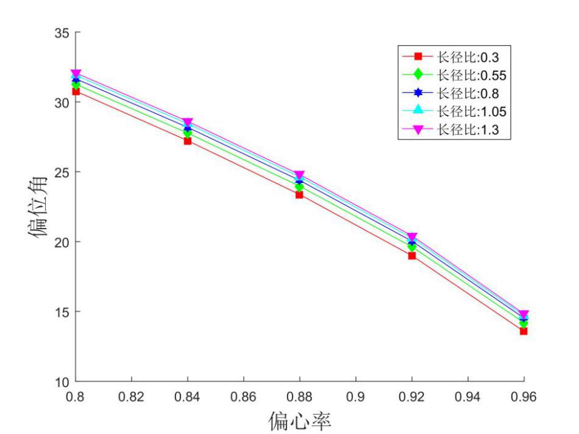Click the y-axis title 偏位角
(x=39, y=207)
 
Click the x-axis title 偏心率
(x=300, y=421)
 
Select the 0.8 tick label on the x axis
(x=76, y=396)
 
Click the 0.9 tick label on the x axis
(x=355, y=396)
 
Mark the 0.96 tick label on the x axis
(x=523, y=396)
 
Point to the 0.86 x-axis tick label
(x=243, y=396)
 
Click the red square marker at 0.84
(x=187, y=141)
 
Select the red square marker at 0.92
(x=412, y=256)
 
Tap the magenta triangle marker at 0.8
(x=76, y=75)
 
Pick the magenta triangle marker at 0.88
(x=300, y=175)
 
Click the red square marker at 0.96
(x=523, y=331)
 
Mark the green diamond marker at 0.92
(x=412, y=247)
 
